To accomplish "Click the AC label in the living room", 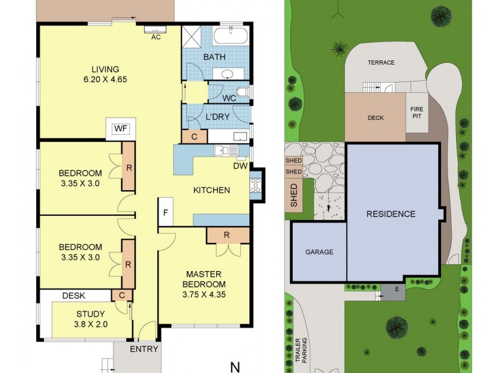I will pos(157,37).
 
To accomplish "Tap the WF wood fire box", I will pos(120,129).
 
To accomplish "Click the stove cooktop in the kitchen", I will pos(255,184).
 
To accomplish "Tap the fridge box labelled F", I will pos(165,212).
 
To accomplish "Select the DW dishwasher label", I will pos(240,166).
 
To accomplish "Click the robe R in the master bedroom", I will pos(227,234).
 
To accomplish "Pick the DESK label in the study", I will pos(74,296).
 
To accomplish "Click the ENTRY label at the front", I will pos(144,349).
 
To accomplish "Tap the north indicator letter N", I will pos(235,367).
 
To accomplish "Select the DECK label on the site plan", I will pos(375,117).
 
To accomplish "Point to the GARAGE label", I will pos(319,252).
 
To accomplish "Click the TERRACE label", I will pos(381,63).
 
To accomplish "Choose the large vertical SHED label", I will pos(294,195).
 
